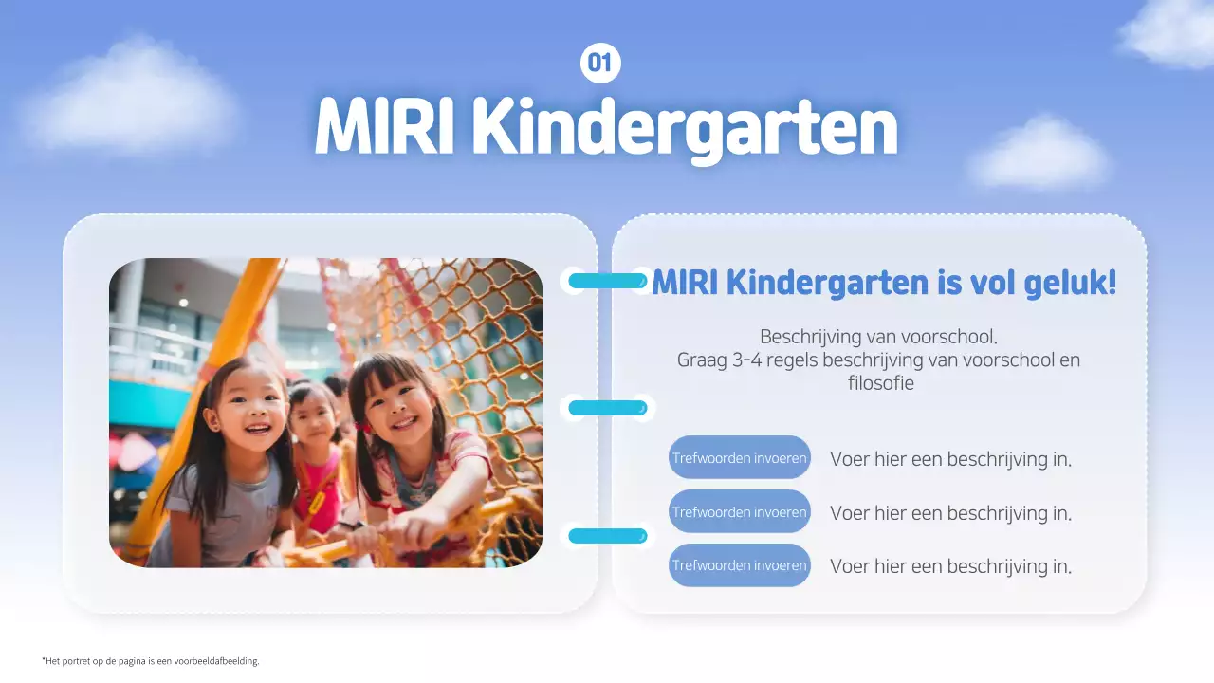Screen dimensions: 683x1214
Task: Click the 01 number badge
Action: pos(599,64)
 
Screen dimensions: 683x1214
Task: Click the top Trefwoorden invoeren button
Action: pos(740,458)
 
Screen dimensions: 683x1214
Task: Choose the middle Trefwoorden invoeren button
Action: pos(740,512)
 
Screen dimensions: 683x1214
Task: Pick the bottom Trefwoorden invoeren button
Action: pos(740,565)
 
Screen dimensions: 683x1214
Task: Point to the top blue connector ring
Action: pos(607,280)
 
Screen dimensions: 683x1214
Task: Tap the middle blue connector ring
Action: pos(607,408)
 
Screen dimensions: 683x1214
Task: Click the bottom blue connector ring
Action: pos(607,536)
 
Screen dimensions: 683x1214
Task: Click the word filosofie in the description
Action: pos(880,384)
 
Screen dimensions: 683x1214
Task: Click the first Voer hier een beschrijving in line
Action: pos(950,459)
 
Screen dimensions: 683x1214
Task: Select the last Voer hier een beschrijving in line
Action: pos(950,566)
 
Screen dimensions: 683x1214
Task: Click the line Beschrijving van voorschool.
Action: pos(878,337)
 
